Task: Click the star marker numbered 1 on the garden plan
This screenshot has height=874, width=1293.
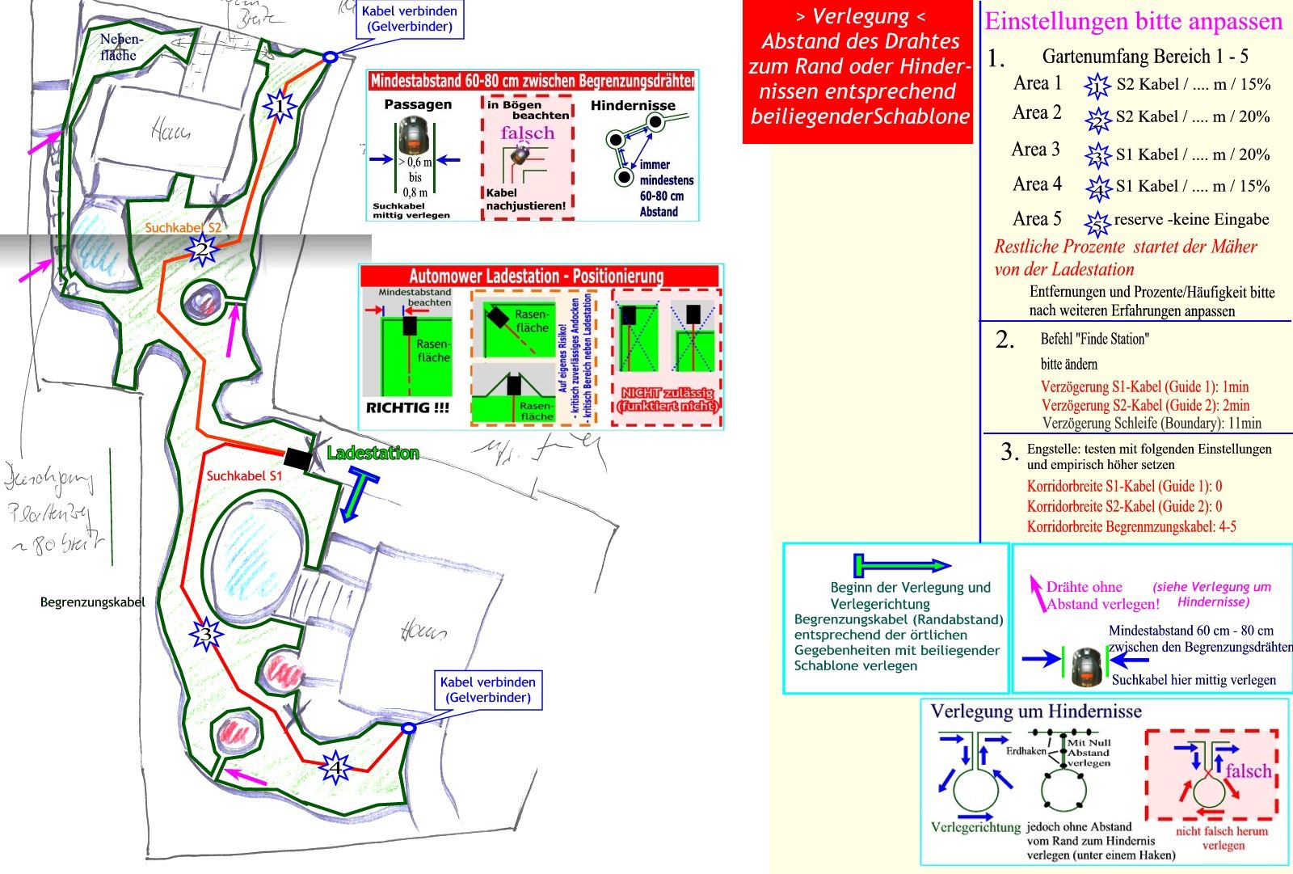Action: [279, 106]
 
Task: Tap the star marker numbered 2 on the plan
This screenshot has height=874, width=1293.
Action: [200, 250]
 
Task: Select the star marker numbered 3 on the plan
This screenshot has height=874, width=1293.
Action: [206, 635]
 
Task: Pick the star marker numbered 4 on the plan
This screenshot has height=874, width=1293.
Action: [335, 766]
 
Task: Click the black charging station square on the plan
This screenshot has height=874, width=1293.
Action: [297, 458]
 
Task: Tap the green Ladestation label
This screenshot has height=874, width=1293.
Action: [373, 453]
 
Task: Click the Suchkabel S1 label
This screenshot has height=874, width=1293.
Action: [244, 475]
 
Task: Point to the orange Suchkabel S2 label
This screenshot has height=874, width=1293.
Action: [183, 227]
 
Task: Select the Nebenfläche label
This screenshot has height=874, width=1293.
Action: [120, 48]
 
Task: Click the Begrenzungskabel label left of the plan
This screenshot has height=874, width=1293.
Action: [93, 602]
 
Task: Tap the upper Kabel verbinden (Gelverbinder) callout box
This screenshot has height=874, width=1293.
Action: [409, 19]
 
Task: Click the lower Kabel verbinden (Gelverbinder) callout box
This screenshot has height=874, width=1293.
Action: [487, 689]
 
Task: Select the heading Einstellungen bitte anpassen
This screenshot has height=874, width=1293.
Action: [1133, 21]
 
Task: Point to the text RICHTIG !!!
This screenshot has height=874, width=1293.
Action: [407, 407]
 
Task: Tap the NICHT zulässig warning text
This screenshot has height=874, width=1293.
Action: [668, 399]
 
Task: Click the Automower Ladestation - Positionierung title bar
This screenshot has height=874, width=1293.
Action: [541, 277]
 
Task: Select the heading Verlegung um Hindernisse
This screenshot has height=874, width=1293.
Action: [1036, 711]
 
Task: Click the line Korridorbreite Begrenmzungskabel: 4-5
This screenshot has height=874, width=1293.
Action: [1131, 526]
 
